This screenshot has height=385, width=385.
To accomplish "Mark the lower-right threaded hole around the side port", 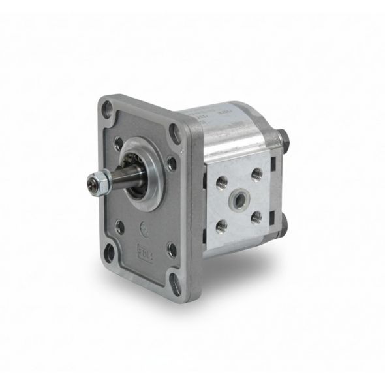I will (x=256, y=217).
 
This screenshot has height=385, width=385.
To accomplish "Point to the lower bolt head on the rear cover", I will (x=285, y=224).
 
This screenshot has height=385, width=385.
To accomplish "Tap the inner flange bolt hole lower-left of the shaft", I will (x=120, y=227).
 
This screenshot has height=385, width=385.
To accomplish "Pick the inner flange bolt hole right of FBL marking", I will (x=171, y=249).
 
